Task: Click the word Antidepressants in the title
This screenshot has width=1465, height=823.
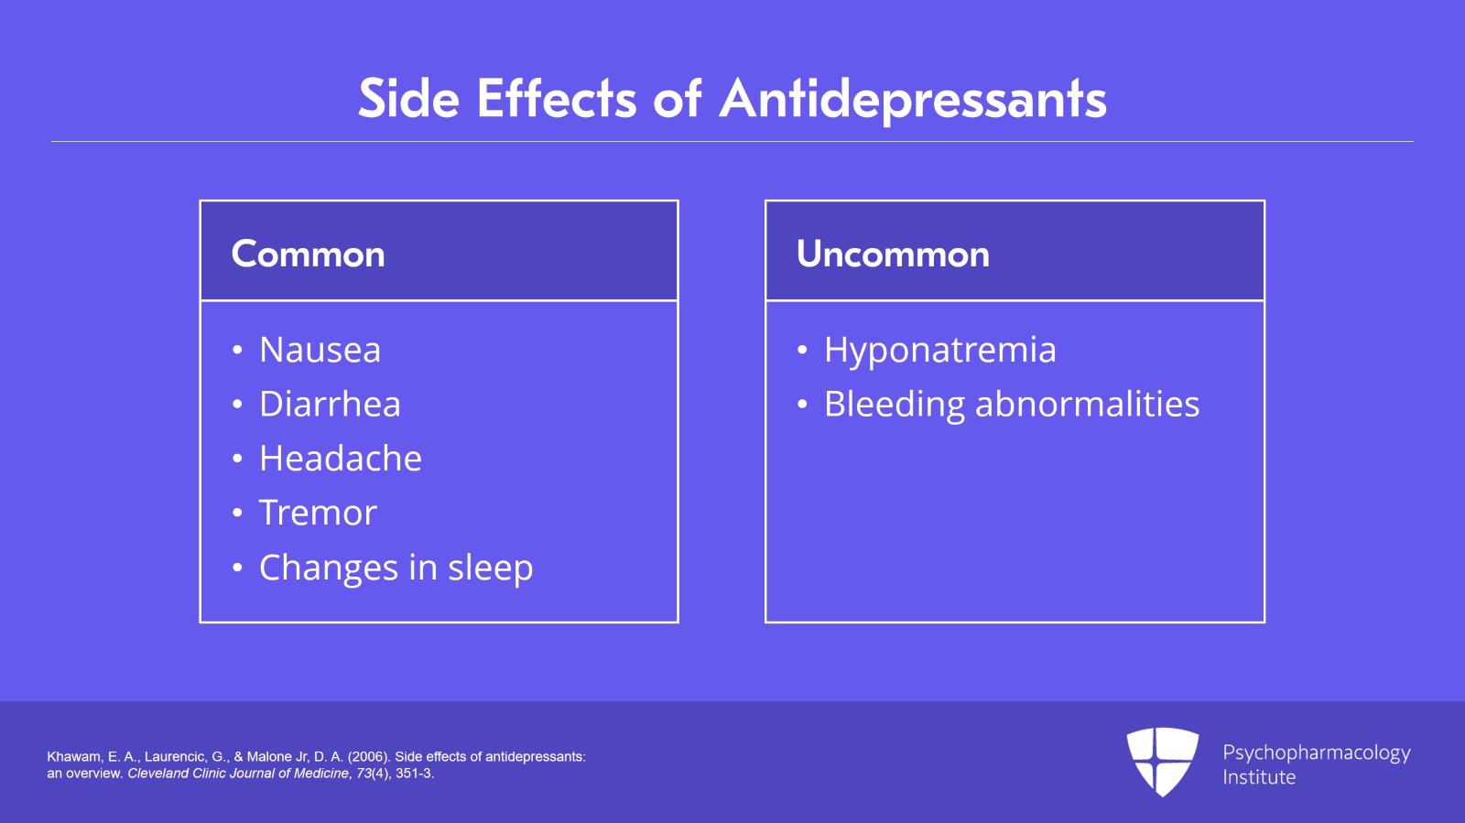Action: point(913,99)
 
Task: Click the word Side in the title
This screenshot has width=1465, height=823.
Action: point(408,99)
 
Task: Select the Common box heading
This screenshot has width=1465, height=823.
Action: point(308,254)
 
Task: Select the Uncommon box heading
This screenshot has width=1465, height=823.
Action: point(893,254)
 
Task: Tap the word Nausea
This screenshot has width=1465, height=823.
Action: point(320,350)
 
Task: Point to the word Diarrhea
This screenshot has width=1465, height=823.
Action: point(330,404)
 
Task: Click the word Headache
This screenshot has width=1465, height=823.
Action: point(341,458)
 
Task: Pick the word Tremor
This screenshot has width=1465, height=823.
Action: point(318,513)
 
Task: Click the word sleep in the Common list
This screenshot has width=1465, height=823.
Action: point(490,568)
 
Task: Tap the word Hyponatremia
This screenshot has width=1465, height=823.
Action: point(939,350)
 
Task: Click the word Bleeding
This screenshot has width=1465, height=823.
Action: point(895,404)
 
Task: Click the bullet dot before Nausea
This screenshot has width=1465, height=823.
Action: point(237,351)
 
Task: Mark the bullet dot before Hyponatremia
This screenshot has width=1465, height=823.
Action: point(802,351)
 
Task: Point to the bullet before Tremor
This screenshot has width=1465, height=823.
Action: point(237,514)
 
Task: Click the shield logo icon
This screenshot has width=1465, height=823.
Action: point(1162,761)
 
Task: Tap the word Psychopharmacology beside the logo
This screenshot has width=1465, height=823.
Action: point(1316,753)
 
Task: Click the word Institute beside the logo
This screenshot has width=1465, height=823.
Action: point(1259,777)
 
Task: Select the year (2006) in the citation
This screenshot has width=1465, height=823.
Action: point(369,757)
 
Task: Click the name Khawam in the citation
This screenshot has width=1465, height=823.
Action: point(73,757)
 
